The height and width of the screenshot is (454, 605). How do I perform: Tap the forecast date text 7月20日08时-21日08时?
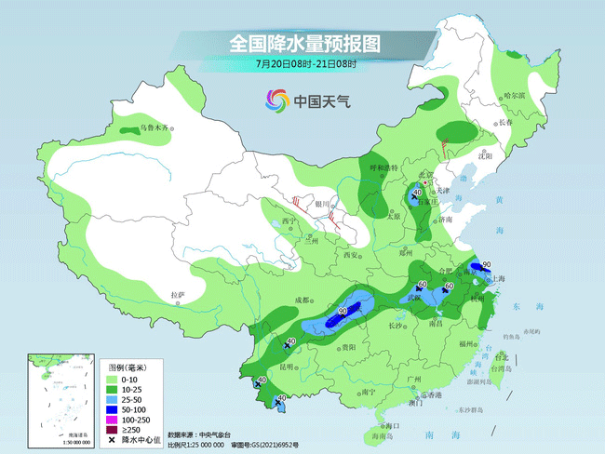[x=306, y=64]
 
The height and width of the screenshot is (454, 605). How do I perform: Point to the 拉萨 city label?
[x=178, y=295]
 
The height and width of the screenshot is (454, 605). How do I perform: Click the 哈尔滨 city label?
[x=515, y=95]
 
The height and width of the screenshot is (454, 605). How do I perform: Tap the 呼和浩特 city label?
[x=383, y=168]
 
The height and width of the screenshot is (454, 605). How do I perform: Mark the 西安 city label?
[x=350, y=254]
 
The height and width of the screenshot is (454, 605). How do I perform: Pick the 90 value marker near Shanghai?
[x=486, y=265]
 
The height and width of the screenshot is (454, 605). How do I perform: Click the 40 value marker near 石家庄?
[x=417, y=193]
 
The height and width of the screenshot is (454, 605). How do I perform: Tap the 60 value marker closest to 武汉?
[x=423, y=285]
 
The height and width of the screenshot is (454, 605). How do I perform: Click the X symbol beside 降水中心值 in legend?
[x=113, y=440]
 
